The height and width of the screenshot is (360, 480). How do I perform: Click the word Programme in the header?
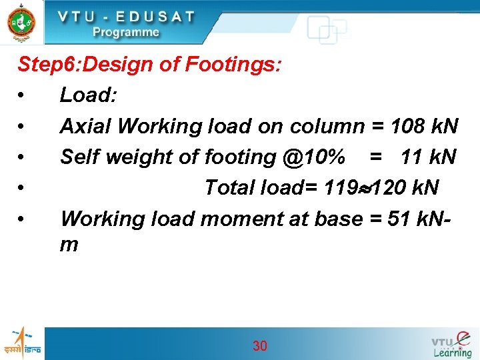(126, 32)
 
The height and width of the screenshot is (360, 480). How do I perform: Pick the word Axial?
(83, 126)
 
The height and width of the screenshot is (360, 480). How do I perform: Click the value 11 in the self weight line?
(412, 157)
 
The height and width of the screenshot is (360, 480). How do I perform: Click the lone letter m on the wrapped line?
(69, 245)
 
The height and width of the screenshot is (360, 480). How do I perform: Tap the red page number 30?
(259, 345)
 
